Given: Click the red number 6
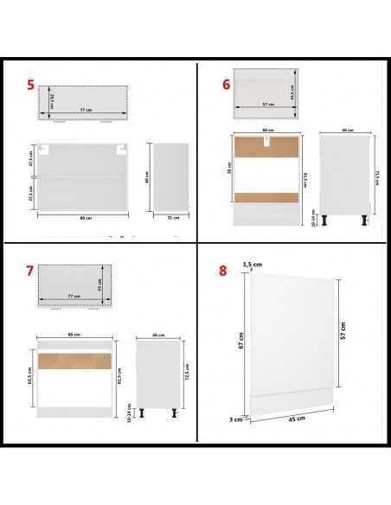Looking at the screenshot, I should (x=226, y=85).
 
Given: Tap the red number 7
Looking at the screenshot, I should (x=30, y=271).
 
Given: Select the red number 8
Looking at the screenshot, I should (x=223, y=270).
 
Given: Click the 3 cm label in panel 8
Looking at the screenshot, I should (x=234, y=419).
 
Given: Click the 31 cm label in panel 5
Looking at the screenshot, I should (x=175, y=217).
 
